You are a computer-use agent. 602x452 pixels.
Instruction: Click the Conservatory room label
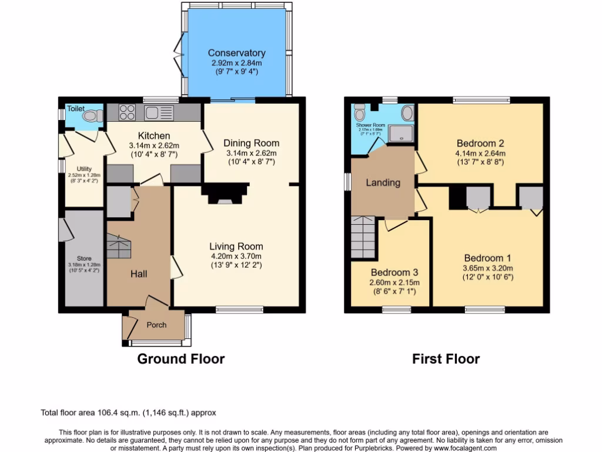pyautogui.click(x=236, y=53)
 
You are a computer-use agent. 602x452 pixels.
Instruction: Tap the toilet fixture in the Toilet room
pyautogui.click(x=90, y=117)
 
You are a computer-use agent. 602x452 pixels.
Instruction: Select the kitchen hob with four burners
pyautogui.click(x=127, y=112)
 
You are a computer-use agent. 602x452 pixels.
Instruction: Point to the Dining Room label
pyautogui.click(x=251, y=143)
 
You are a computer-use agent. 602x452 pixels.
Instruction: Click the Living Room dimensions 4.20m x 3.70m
pyautogui.click(x=236, y=256)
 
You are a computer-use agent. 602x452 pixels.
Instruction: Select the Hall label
pyautogui.click(x=139, y=274)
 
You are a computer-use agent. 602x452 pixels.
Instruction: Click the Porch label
pyautogui.click(x=156, y=325)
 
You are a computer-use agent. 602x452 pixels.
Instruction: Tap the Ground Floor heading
pyautogui.click(x=181, y=358)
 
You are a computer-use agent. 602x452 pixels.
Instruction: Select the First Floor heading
pyautogui.click(x=446, y=358)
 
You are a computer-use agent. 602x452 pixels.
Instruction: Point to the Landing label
pyautogui.click(x=383, y=182)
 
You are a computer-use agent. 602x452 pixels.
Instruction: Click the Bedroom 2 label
pyautogui.click(x=480, y=143)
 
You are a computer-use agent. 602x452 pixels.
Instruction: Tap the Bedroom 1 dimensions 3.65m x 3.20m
pyautogui.click(x=488, y=268)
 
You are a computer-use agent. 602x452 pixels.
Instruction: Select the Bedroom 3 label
pyautogui.click(x=394, y=272)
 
